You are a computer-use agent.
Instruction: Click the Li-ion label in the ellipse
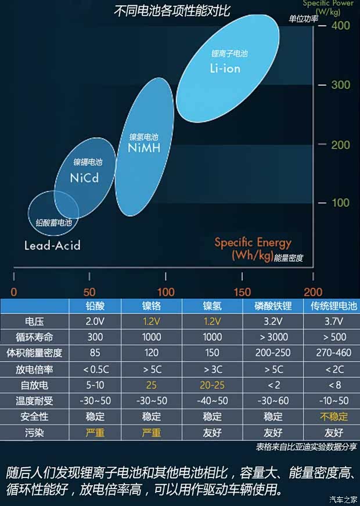225,68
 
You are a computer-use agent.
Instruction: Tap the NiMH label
143,148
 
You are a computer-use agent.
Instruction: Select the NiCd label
84,178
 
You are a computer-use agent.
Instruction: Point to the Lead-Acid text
52,245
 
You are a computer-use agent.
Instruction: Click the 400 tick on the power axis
340,26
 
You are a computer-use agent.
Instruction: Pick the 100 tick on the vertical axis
340,203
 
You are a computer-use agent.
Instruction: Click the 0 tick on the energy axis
14,292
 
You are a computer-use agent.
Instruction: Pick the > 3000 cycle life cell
272,337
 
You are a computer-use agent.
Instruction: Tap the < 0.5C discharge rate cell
94,369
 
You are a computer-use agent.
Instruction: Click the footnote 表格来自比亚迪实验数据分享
306,447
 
